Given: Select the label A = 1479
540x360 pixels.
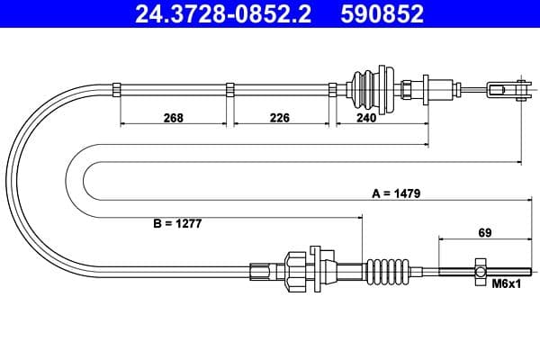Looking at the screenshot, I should [397, 193].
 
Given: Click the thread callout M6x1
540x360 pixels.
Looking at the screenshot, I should [507, 284].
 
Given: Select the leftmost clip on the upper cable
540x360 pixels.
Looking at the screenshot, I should [119, 88].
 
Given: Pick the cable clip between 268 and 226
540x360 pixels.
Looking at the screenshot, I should [230, 88].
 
